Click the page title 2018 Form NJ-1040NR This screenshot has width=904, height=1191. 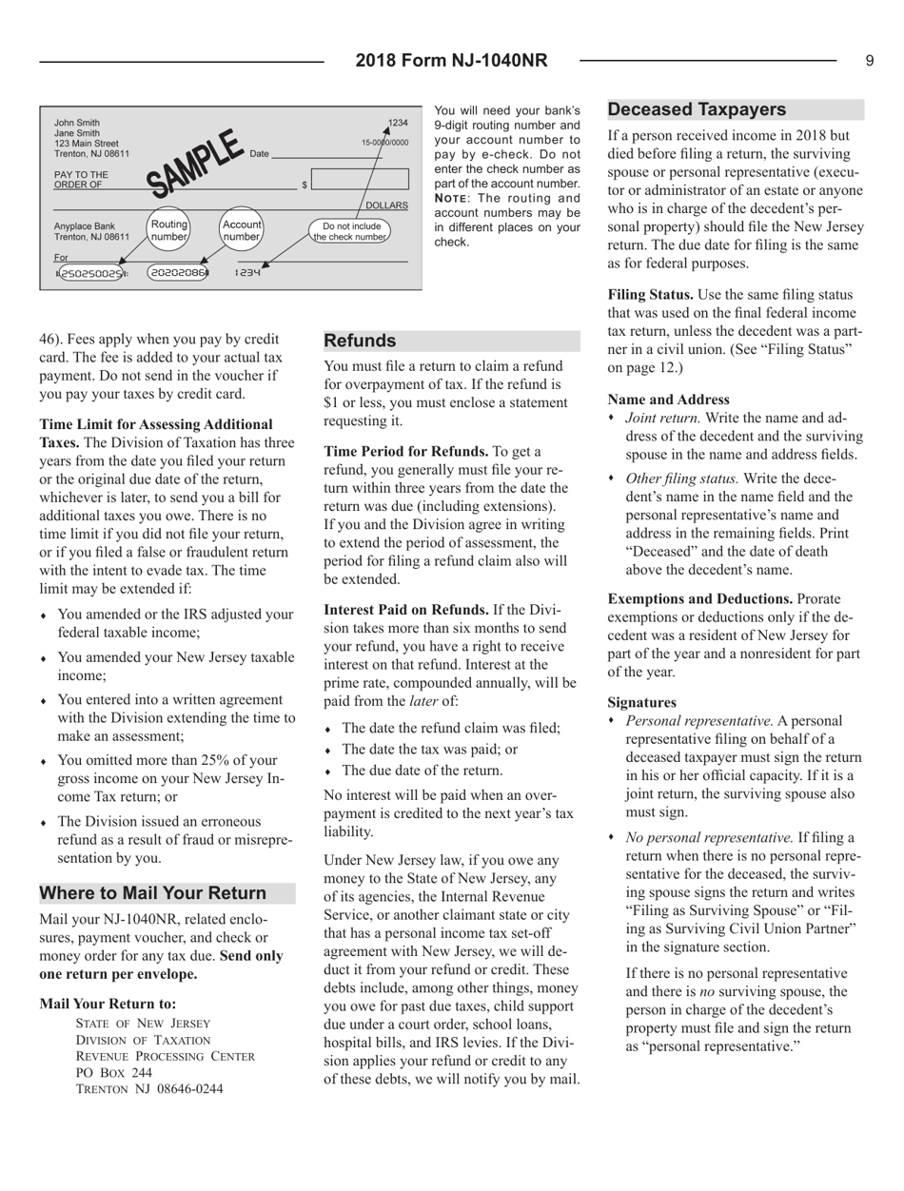click(x=451, y=61)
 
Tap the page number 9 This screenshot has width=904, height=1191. click(x=870, y=61)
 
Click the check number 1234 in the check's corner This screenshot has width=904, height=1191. click(x=399, y=123)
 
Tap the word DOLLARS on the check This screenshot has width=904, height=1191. click(x=387, y=205)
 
